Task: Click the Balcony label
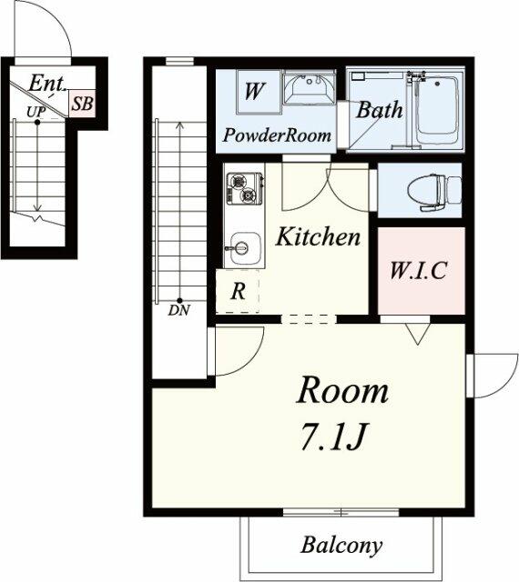(341, 546)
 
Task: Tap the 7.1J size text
(334, 436)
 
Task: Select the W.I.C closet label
(418, 271)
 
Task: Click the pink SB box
(82, 104)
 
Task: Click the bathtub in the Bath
(436, 110)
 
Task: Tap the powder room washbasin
(309, 89)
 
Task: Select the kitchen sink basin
(244, 248)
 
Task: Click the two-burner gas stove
(244, 188)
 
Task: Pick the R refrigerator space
(238, 291)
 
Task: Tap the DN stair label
(179, 310)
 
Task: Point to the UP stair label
(36, 111)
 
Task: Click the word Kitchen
(318, 236)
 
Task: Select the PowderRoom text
(277, 135)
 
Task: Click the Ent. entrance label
(46, 84)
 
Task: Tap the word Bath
(380, 110)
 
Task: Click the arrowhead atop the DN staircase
(180, 126)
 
